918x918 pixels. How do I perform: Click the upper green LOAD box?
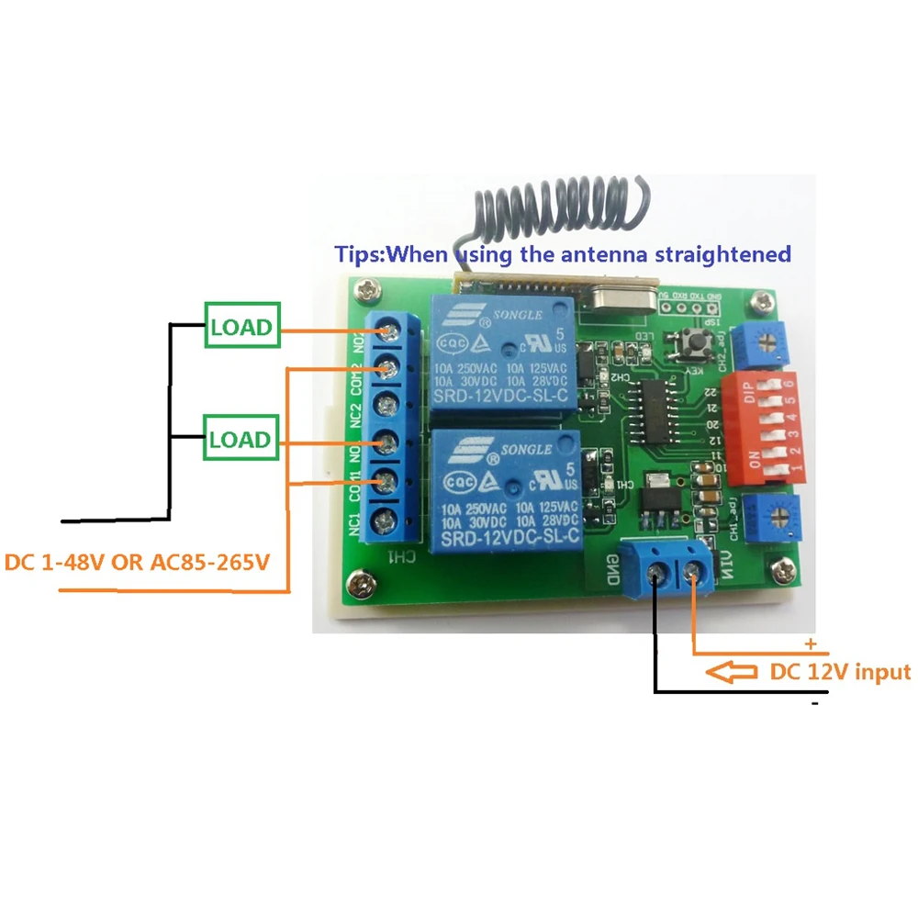click(241, 327)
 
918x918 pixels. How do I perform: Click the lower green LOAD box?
click(241, 439)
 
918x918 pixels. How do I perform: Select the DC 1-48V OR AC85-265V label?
click(138, 561)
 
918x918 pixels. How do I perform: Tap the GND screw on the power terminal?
click(656, 576)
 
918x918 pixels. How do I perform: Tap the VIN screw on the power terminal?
click(694, 576)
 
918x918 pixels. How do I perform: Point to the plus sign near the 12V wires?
click(810, 644)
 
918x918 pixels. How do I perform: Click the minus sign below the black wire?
click(813, 703)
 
